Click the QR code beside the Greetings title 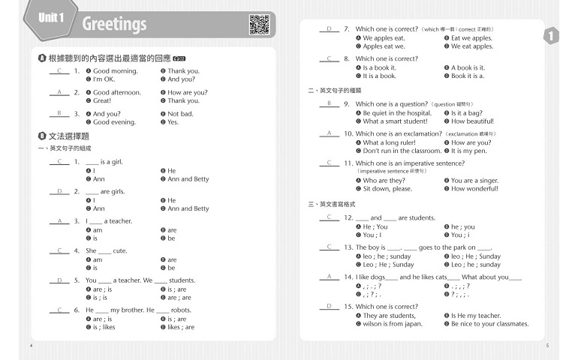[x=259, y=24]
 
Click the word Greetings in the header [x=114, y=24]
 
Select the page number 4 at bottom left [x=31, y=346]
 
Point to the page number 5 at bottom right [x=547, y=346]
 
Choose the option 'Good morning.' [x=115, y=71]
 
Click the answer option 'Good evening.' [x=114, y=122]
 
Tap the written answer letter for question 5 [x=59, y=280]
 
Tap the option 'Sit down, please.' [x=387, y=189]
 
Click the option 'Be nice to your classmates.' [x=489, y=324]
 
